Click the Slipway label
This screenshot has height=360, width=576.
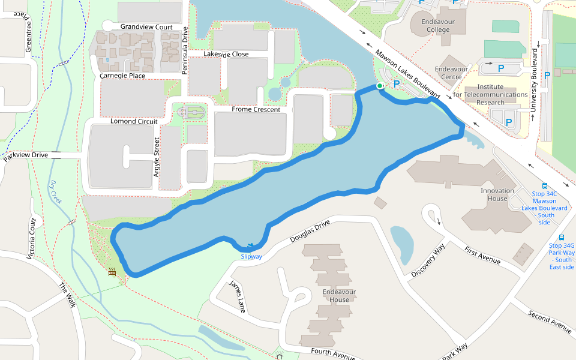pyautogui.click(x=251, y=257)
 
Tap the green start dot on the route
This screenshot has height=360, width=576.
pyautogui.click(x=379, y=86)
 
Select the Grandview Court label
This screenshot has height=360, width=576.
pyautogui.click(x=146, y=27)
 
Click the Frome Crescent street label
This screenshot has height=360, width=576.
pyautogui.click(x=256, y=110)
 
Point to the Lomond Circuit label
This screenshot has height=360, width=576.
pyautogui.click(x=134, y=121)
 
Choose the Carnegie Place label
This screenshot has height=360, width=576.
pyautogui.click(x=122, y=76)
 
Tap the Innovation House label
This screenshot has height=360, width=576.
pyautogui.click(x=497, y=195)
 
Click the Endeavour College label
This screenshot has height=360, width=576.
pyautogui.click(x=435, y=25)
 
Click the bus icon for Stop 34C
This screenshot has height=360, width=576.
pyautogui.click(x=545, y=186)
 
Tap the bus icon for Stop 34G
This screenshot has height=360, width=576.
pyautogui.click(x=562, y=238)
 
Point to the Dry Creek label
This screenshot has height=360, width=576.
pyautogui.click(x=56, y=192)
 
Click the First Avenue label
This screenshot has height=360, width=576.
pyautogui.click(x=482, y=254)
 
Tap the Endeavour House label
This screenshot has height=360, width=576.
pyautogui.click(x=336, y=296)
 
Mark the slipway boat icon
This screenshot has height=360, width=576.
pyautogui.click(x=250, y=246)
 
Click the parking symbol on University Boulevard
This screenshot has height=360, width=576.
pyautogui.click(x=547, y=76)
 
